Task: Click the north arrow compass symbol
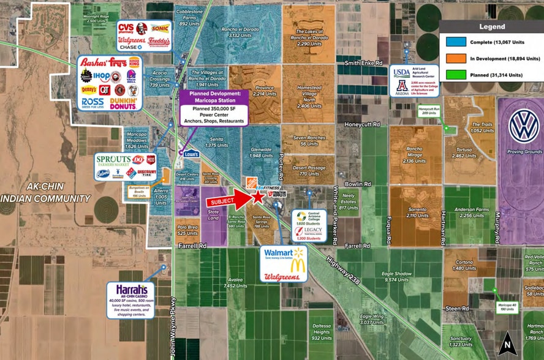(506, 343)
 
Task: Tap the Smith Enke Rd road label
(363, 62)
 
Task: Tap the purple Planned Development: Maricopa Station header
(214, 97)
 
